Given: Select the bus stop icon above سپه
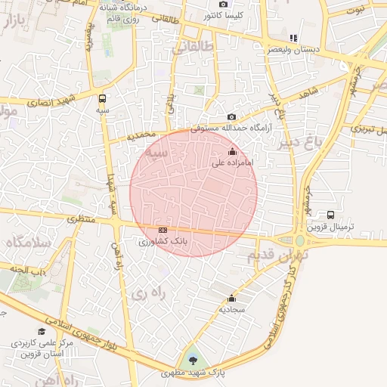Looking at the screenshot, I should pyautogui.click(x=102, y=98).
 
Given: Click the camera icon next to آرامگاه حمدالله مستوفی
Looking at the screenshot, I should pyautogui.click(x=232, y=117).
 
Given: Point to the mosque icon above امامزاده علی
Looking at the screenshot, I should pyautogui.click(x=231, y=153).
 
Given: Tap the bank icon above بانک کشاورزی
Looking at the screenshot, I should pyautogui.click(x=162, y=230).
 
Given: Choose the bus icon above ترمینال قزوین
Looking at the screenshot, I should pyautogui.click(x=330, y=215).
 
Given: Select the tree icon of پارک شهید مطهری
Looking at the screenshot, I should pyautogui.click(x=192, y=360).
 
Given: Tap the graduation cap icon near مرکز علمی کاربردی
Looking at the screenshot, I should pyautogui.click(x=41, y=331).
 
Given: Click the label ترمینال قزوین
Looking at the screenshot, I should pyautogui.click(x=330, y=226).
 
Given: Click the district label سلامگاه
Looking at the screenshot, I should pyautogui.click(x=28, y=243).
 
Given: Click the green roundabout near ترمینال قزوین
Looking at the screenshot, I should pyautogui.click(x=300, y=241).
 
